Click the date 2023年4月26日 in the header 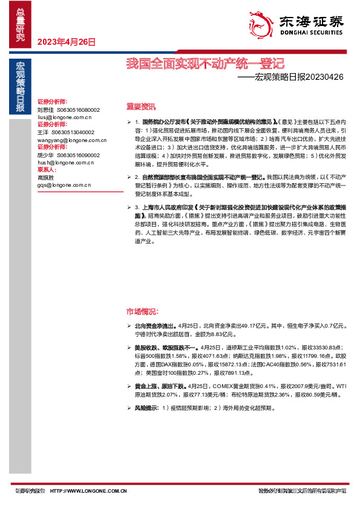point(67,42)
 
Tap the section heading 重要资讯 point(141,106)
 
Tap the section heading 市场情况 point(141,311)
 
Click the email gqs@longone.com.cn point(63,185)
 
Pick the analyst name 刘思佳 point(46,110)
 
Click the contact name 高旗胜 point(46,178)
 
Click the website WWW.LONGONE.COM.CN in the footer point(88,491)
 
